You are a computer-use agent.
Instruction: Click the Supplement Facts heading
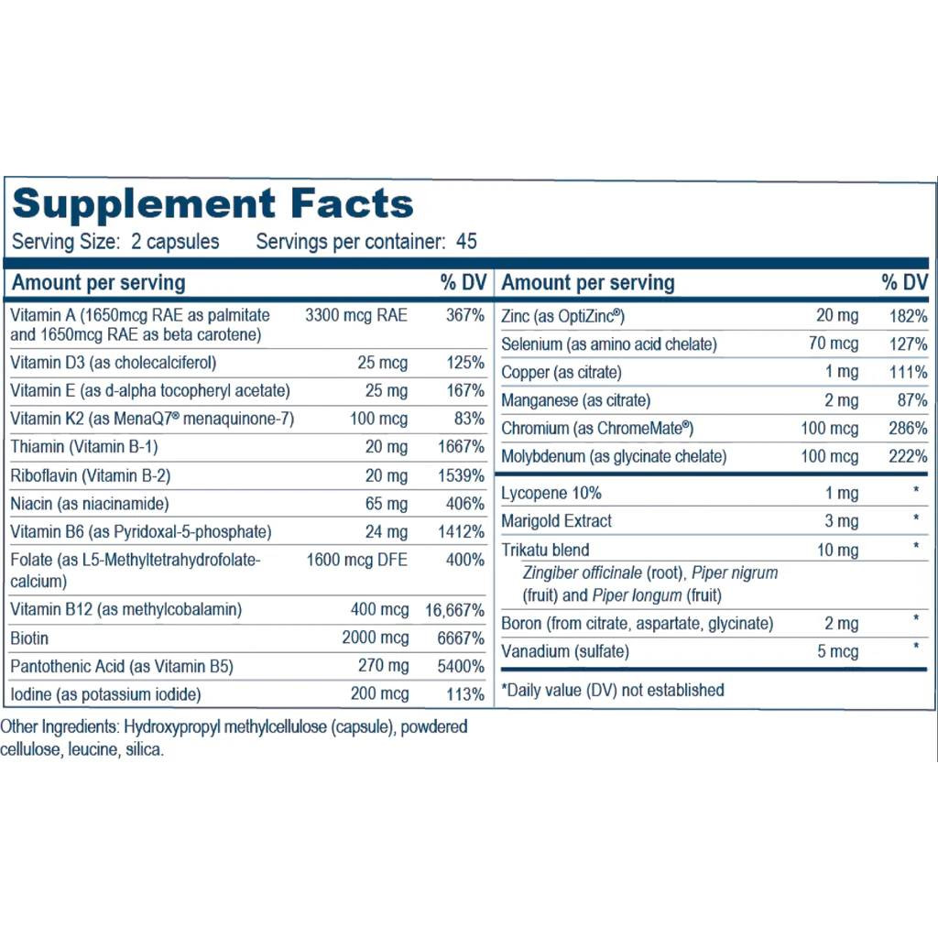tap(213, 203)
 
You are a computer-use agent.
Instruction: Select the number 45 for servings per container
tap(466, 243)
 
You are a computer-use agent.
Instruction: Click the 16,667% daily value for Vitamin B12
tap(454, 610)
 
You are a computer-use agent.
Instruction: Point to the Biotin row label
tap(30, 638)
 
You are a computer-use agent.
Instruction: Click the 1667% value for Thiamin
tap(462, 447)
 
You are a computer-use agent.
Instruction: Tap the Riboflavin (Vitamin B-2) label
tap(91, 475)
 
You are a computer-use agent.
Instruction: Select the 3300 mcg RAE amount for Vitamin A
tap(356, 316)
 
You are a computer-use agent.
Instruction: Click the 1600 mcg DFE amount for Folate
tap(357, 560)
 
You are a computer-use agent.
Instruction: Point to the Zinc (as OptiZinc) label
tap(562, 316)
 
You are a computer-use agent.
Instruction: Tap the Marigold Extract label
tap(557, 521)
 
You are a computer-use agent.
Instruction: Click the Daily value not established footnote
tap(613, 690)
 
